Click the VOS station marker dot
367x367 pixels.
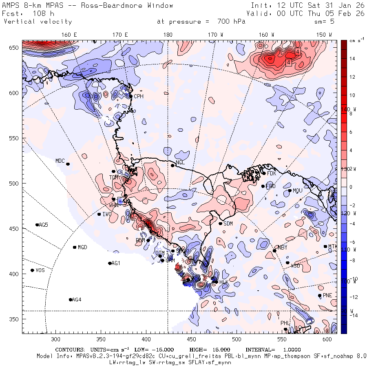click(32, 270)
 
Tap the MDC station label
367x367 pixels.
click(60, 161)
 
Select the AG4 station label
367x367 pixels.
click(76, 300)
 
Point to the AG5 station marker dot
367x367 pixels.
click(37, 225)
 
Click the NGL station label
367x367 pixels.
click(180, 162)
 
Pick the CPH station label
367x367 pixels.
click(139, 96)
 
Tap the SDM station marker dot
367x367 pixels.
click(221, 223)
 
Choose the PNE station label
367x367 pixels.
click(327, 295)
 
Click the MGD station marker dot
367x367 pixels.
click(75, 247)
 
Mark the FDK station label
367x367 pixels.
click(272, 173)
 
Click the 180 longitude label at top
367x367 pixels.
click(168, 35)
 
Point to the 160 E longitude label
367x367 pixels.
click(69, 35)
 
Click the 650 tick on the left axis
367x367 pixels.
click(15, 48)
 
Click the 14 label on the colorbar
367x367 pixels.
click(352, 59)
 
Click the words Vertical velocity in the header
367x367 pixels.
click(38, 22)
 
